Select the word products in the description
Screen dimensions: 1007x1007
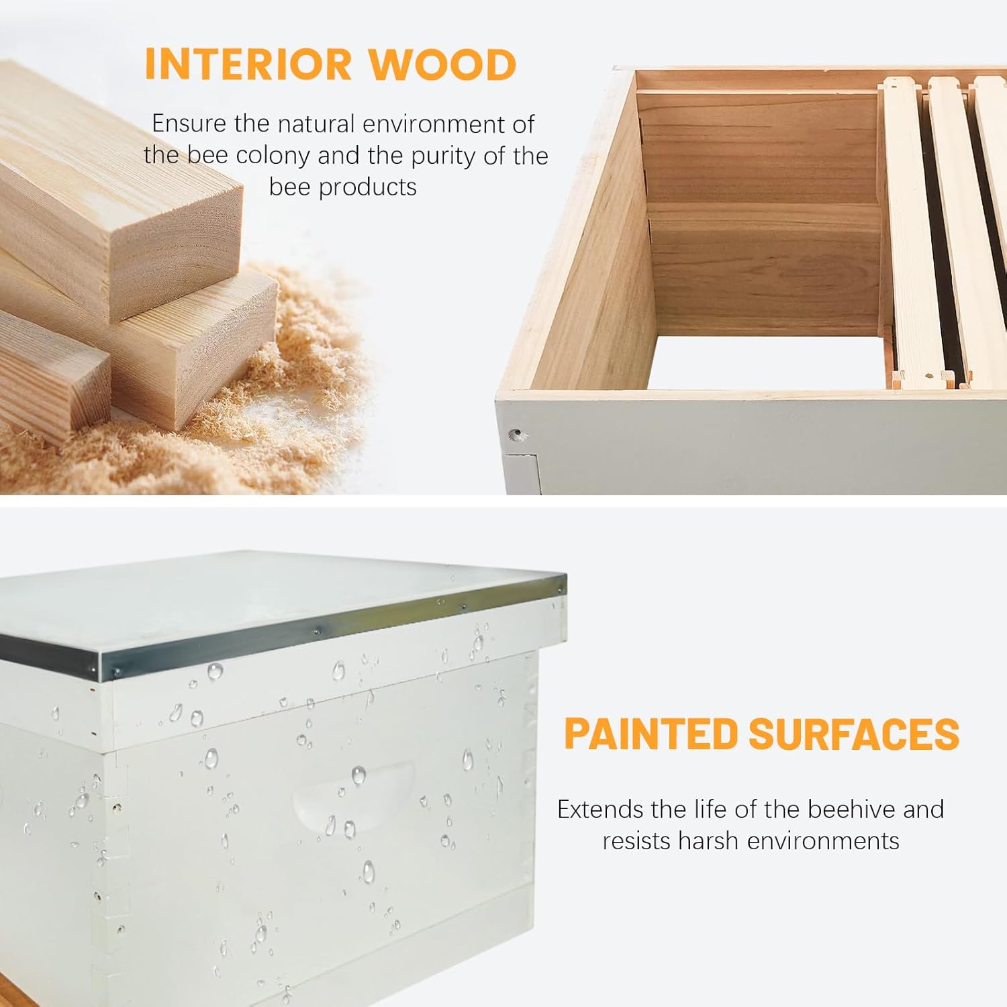coord(367,187)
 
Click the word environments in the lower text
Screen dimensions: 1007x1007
coord(824,841)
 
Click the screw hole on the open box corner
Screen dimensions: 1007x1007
coord(516,435)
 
